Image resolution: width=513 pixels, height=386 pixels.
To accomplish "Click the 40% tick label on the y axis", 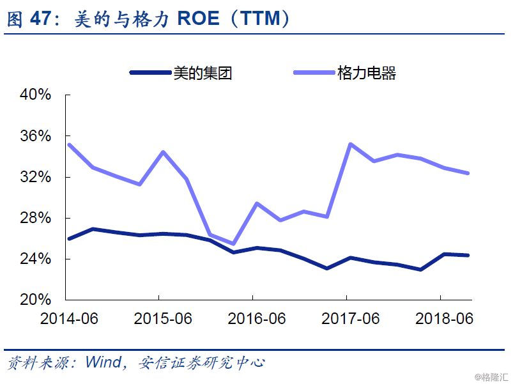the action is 35,95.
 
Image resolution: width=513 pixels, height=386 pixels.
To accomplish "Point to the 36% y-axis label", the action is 35,136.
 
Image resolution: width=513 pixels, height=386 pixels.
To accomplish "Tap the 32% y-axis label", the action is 35,177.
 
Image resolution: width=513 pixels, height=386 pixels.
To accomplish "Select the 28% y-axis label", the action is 35,218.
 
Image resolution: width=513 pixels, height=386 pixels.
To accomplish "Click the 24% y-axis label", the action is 35,259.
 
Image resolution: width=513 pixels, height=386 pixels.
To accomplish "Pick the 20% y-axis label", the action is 35,300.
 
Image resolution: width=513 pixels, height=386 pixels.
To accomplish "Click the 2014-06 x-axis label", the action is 69,318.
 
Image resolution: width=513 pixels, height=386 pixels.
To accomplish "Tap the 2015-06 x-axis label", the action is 163,318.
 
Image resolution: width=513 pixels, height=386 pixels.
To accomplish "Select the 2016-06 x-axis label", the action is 257,318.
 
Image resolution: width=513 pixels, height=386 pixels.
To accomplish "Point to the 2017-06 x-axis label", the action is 350,318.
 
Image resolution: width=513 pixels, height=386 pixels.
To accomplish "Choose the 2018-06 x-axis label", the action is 444,318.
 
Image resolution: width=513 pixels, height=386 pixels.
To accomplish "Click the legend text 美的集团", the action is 203,73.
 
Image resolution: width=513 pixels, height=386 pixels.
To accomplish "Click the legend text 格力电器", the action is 367,73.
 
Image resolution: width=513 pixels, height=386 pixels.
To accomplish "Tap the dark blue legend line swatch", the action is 151,72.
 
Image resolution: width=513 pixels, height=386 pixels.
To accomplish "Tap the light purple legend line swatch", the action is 314,72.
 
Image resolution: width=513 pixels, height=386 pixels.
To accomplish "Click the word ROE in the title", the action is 198,19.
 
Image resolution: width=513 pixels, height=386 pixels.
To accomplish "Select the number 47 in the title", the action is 41,19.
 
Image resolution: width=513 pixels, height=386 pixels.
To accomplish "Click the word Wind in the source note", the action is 103,362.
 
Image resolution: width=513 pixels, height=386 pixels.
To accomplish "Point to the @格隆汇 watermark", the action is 492,377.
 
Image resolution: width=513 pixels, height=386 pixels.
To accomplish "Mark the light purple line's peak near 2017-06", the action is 350,144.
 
